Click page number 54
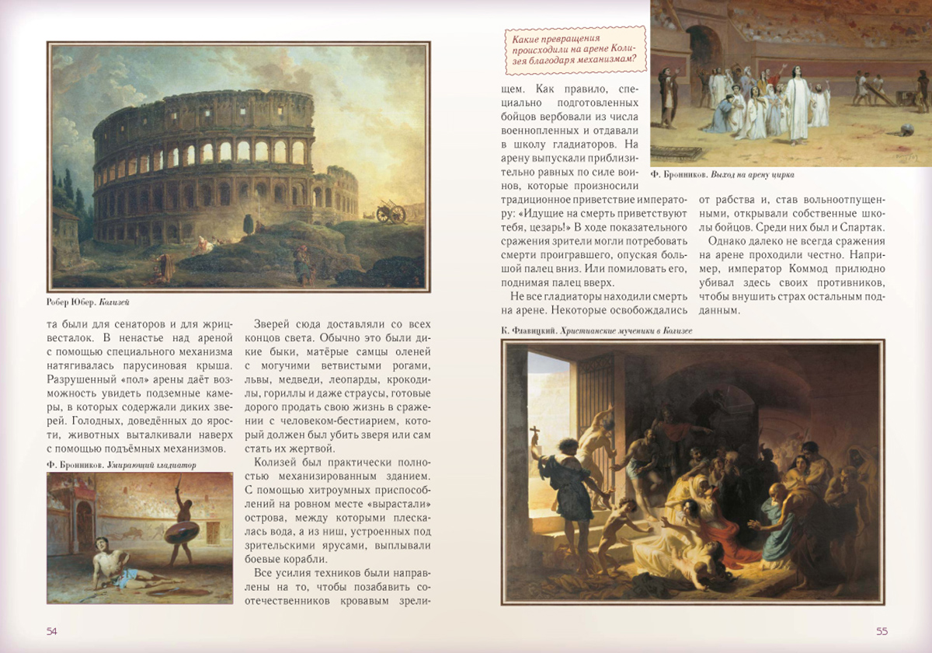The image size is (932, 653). [x=52, y=630]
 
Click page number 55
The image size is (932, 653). [x=882, y=630]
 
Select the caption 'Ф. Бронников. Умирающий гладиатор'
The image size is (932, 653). [x=122, y=465]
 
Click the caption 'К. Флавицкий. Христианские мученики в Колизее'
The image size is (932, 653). [x=596, y=330]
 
